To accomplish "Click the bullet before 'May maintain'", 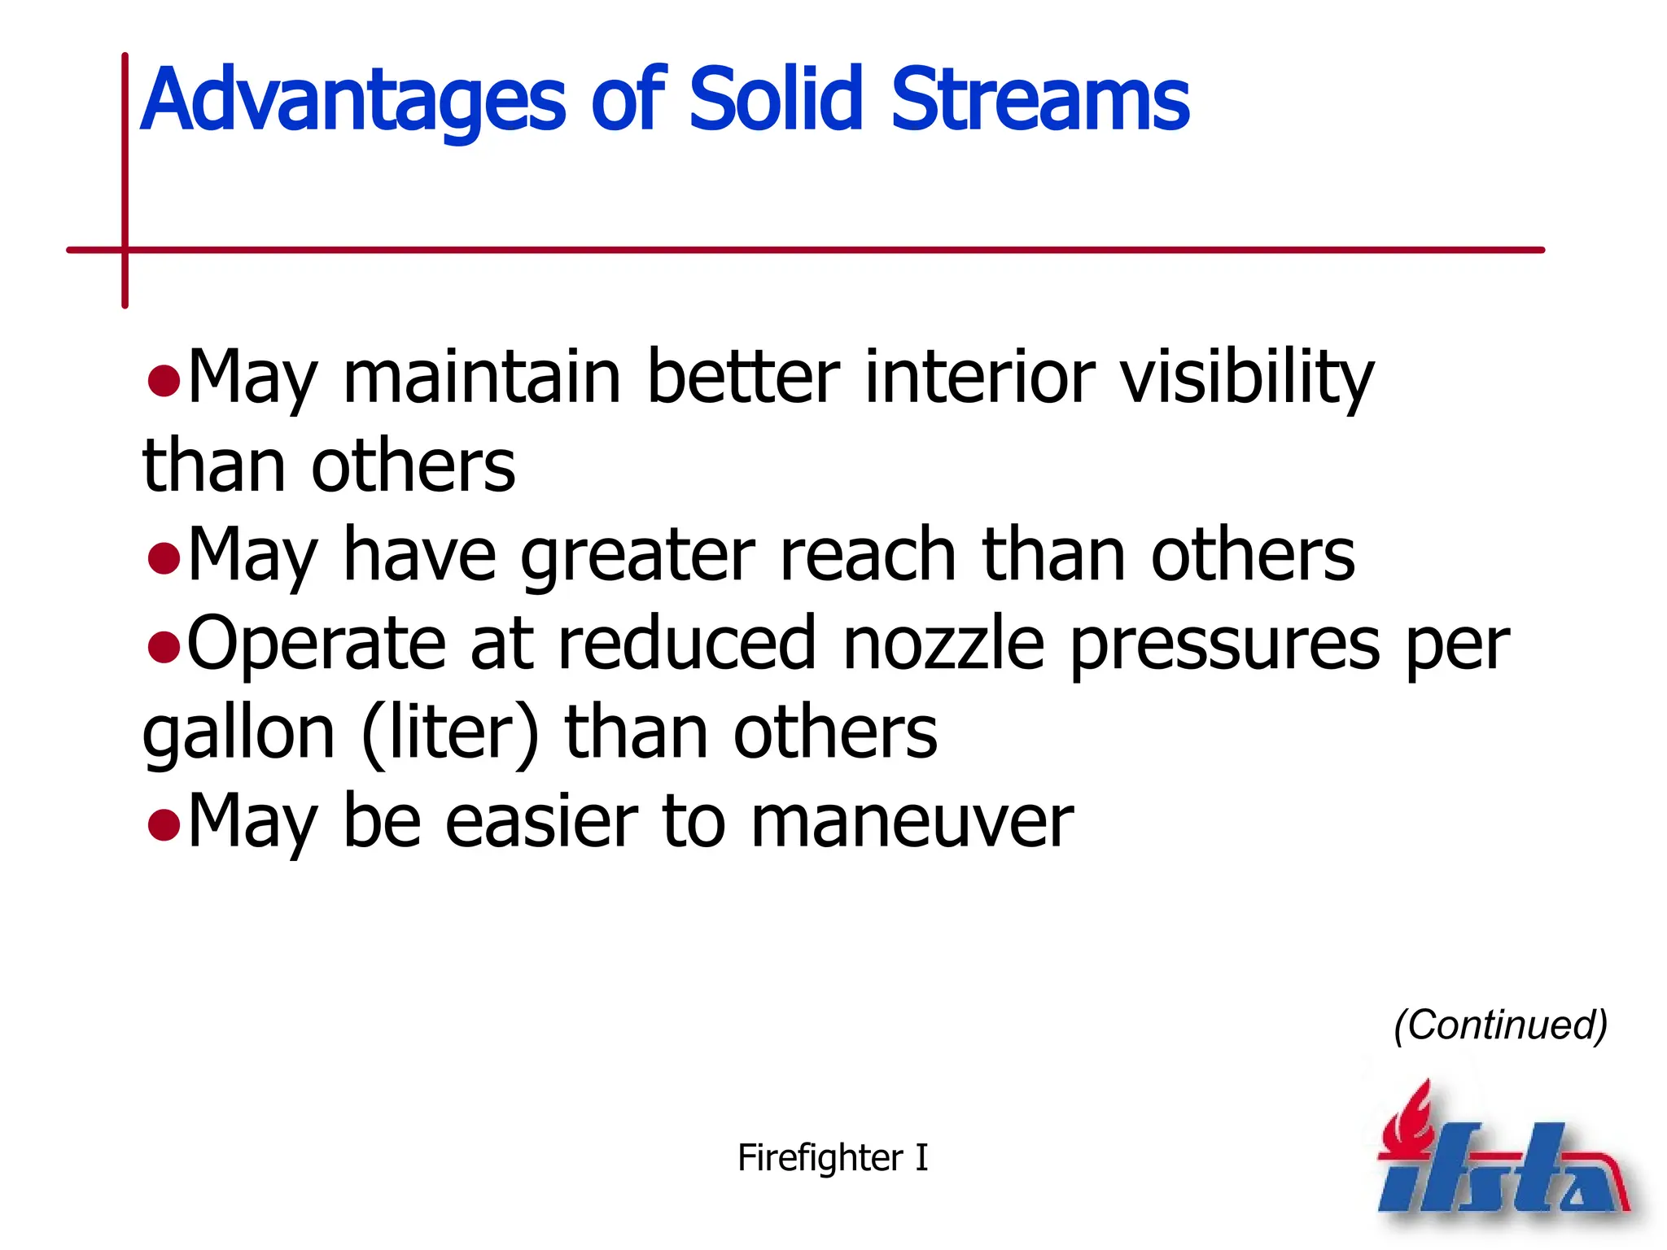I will coord(164,380).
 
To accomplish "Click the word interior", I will coord(979,376).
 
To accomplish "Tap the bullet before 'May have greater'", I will coord(164,558).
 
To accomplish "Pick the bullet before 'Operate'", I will coord(164,647).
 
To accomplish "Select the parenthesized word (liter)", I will coord(450,733).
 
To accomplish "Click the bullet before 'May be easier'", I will coord(164,824).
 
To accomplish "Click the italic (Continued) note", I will coord(1500,1025).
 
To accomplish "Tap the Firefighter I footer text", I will coord(832,1157).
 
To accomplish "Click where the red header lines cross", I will coord(125,250).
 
